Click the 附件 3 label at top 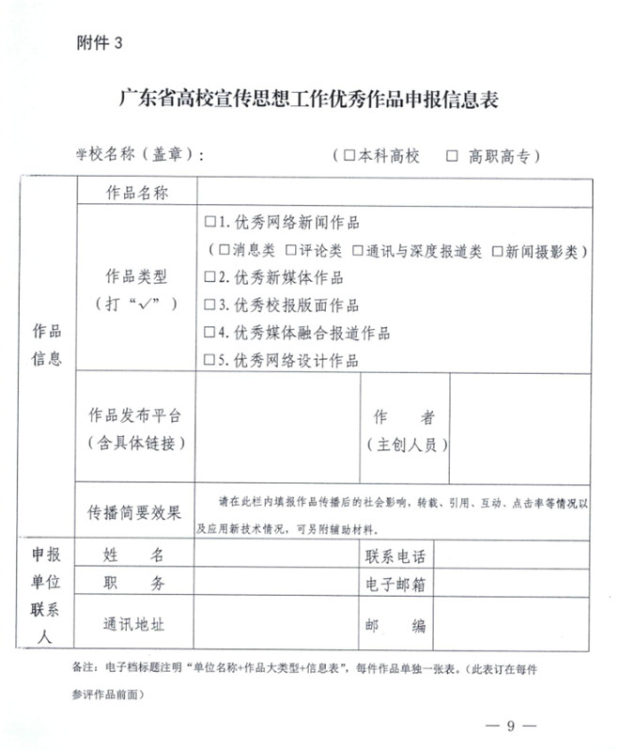pos(99,43)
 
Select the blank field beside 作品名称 pos(395,193)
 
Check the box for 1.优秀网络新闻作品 pos(210,223)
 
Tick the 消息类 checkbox pos(225,251)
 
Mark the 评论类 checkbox pos(292,251)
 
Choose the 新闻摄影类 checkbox pos(498,251)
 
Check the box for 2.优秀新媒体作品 pos(210,278)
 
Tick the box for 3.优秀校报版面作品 pos(210,305)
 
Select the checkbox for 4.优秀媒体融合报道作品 pos(210,333)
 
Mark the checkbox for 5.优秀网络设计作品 pos(210,360)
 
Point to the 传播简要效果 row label pos(135,512)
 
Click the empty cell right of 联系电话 pos(512,555)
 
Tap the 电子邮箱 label pos(395,585)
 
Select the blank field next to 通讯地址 pos(275,625)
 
